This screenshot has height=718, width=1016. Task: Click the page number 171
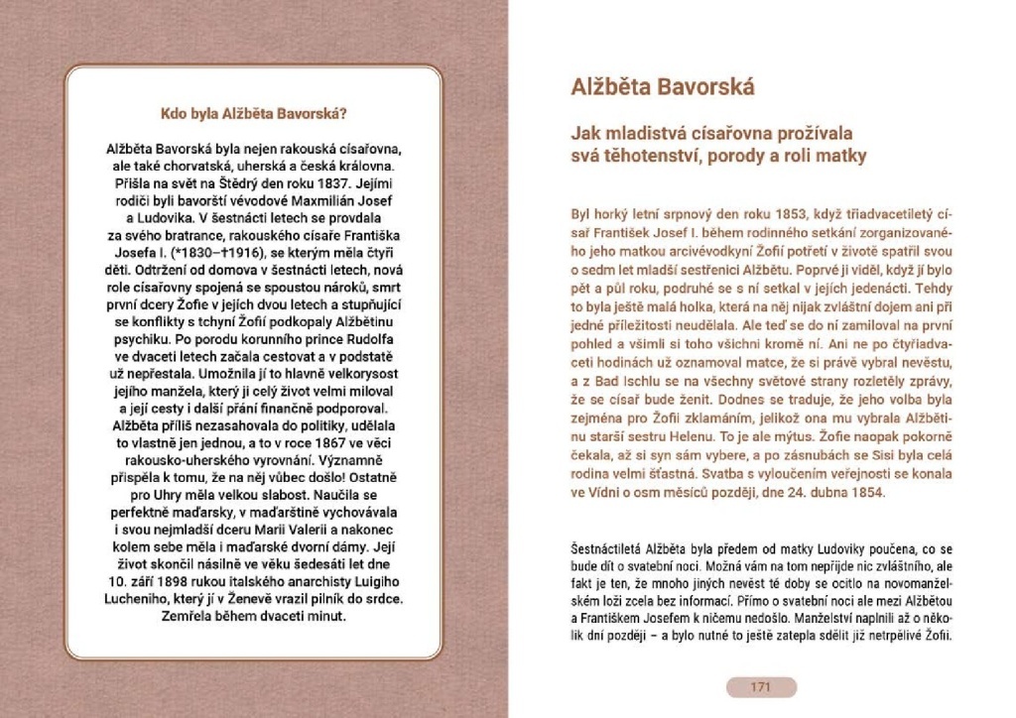pyautogui.click(x=761, y=687)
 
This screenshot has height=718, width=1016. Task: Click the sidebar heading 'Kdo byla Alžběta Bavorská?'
pyautogui.click(x=253, y=113)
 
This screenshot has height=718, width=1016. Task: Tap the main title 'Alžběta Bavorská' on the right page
pyautogui.click(x=663, y=87)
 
